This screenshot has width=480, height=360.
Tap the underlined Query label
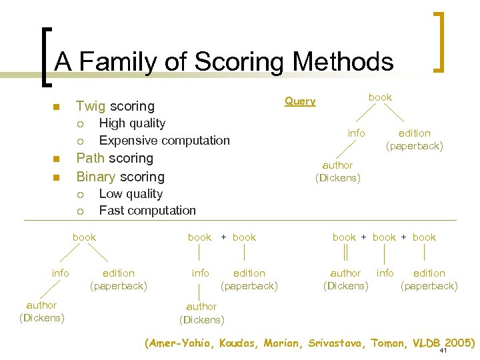click(x=300, y=101)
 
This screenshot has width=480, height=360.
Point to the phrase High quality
click(x=132, y=123)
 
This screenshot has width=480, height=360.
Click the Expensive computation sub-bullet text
click(x=164, y=141)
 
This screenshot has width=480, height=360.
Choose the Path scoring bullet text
click(x=115, y=159)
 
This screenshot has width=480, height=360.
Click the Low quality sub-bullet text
click(x=131, y=194)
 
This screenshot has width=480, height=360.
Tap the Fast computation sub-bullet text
click(x=147, y=211)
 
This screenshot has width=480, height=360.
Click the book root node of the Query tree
click(x=380, y=97)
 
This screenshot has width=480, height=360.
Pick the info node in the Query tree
click(x=356, y=133)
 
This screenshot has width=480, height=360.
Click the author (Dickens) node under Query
click(x=337, y=171)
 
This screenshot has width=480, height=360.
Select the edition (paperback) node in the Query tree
click(x=414, y=139)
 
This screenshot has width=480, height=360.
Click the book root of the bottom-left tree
click(x=84, y=237)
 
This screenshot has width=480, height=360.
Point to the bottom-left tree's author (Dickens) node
click(x=41, y=311)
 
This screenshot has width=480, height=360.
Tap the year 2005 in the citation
click(x=460, y=343)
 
